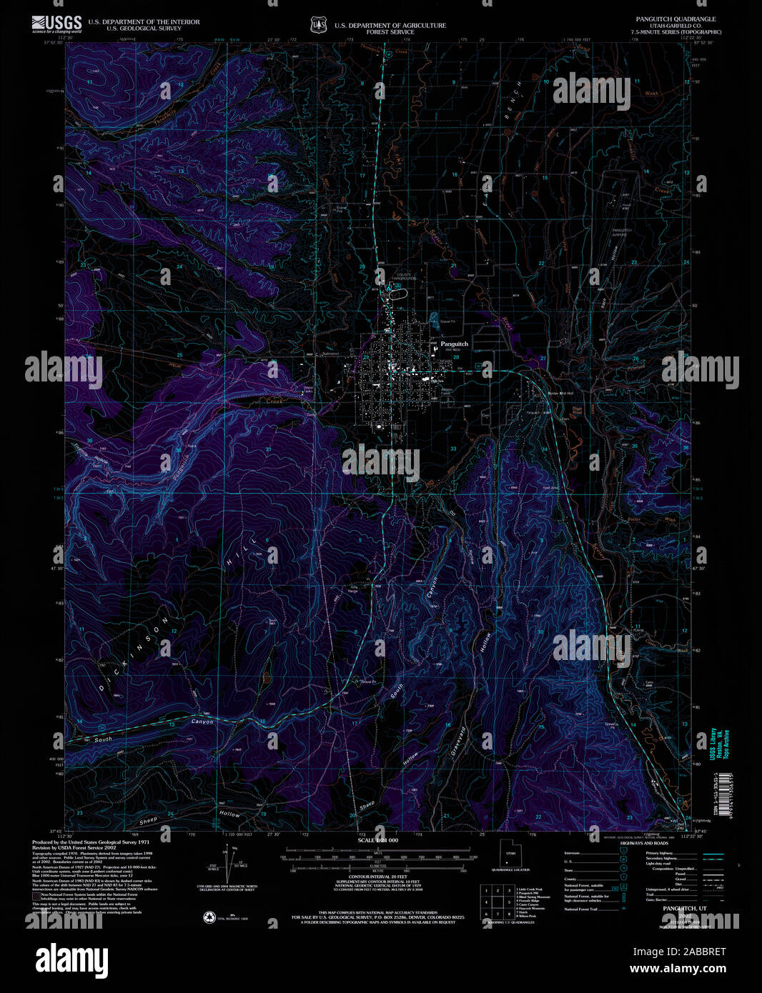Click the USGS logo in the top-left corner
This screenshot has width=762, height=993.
pos(56,24)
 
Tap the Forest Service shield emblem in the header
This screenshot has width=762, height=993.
pos(317,26)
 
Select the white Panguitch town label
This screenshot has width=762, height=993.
pos(454,344)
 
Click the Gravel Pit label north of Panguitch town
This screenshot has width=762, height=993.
pos(447,322)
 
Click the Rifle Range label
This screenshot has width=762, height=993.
pos(353,589)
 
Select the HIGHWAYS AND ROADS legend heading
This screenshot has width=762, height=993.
pos(643,844)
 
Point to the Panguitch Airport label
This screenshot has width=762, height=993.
pos(623,232)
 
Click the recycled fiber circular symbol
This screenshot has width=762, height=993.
pos(210,917)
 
